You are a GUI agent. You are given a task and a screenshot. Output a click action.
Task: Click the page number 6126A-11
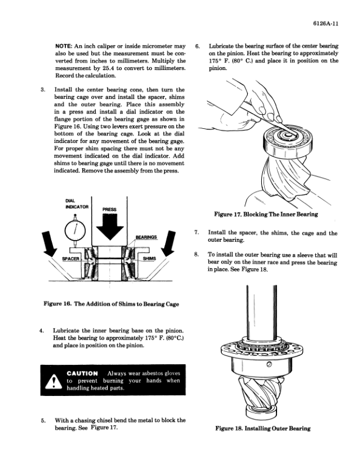click(x=325, y=24)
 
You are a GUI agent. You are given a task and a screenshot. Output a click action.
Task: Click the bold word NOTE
click(x=64, y=46)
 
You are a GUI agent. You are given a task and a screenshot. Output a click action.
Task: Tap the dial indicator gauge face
click(x=75, y=230)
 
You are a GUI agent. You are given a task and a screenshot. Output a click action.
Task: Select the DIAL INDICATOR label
click(x=77, y=204)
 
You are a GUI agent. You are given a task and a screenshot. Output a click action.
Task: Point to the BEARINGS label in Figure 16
click(x=146, y=237)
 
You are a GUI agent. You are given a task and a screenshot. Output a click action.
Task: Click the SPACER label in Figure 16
click(x=71, y=258)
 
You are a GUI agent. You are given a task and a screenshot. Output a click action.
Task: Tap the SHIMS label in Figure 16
click(x=149, y=258)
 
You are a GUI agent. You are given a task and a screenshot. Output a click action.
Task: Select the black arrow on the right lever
click(x=169, y=244)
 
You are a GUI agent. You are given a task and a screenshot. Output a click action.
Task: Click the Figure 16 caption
click(x=111, y=304)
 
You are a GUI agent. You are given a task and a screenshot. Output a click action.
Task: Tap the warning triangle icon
click(x=54, y=381)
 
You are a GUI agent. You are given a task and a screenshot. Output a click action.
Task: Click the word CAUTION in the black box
click(x=82, y=374)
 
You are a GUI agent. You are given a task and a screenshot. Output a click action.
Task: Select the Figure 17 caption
click(x=266, y=214)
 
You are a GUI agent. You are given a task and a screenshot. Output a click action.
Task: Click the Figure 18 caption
click(x=263, y=428)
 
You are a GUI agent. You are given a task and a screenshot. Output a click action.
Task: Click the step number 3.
click(x=43, y=90)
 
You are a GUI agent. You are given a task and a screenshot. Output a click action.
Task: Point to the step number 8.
click(x=196, y=255)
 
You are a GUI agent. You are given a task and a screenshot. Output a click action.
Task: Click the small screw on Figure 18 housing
click(x=269, y=364)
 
